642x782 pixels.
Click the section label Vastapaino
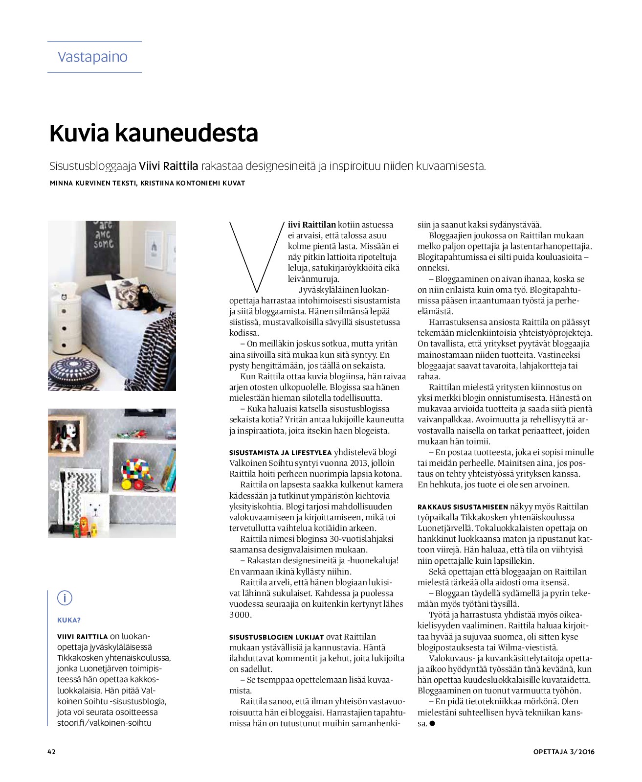pos(92,57)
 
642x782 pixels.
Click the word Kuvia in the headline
pos(80,133)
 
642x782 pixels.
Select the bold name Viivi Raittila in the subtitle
pos(168,166)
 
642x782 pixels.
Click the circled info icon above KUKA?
pos(65,598)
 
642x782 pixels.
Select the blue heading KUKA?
pos(69,620)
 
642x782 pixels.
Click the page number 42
pos(51,752)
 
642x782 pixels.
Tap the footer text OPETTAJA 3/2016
pos(564,752)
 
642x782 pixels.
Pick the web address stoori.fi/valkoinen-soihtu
pos(104,723)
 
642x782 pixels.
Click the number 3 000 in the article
pos(240,615)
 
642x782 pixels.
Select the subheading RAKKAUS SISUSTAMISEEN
pos(463,507)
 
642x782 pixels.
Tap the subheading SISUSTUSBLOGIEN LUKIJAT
pos(276,637)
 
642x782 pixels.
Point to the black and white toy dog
pos(67,436)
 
